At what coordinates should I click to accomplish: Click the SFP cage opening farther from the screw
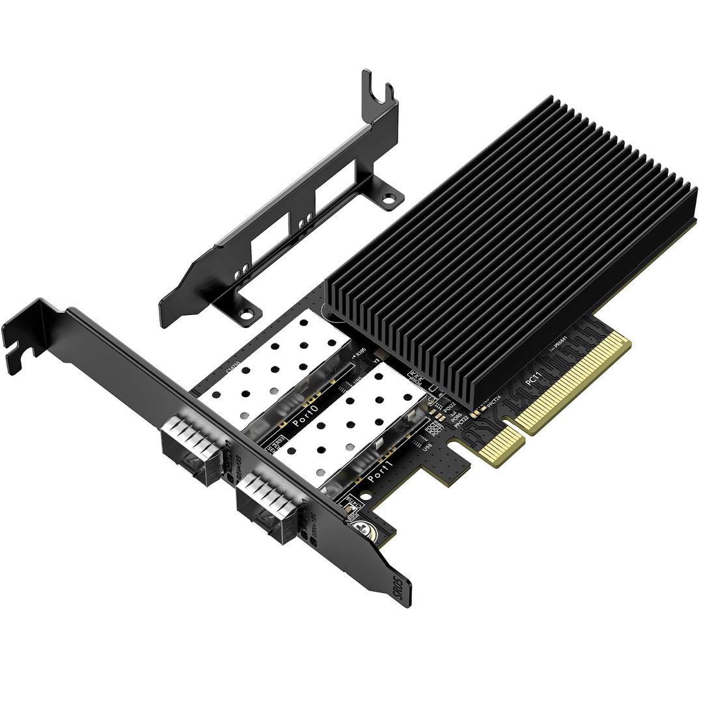189,449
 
